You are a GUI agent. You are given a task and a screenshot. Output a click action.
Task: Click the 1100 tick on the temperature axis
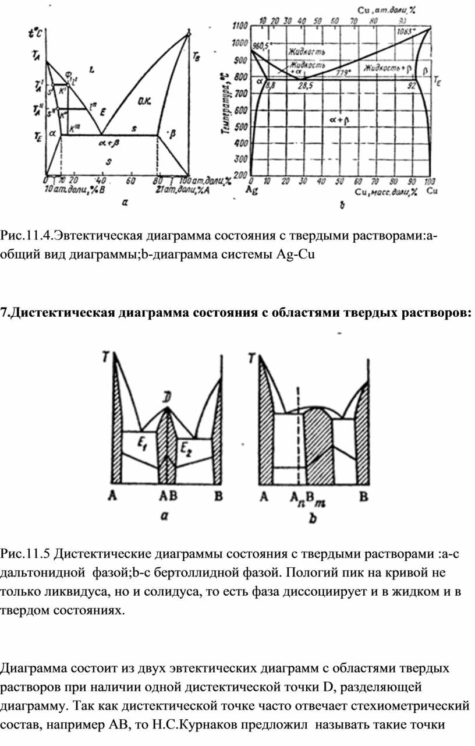(239, 26)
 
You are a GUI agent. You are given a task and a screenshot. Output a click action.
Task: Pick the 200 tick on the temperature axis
(239, 175)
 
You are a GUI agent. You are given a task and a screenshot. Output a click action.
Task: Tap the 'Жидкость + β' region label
(387, 68)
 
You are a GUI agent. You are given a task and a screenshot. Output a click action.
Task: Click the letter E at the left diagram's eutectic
(102, 110)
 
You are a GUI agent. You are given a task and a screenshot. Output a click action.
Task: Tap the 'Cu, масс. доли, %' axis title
(385, 192)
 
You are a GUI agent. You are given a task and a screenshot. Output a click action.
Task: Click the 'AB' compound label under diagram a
(168, 496)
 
